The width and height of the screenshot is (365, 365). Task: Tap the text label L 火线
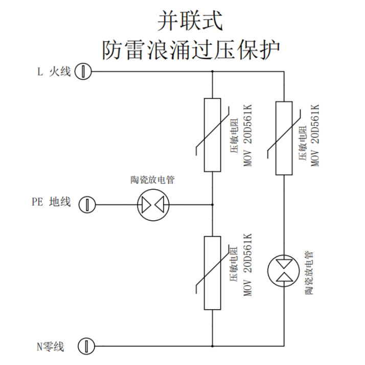[54, 72]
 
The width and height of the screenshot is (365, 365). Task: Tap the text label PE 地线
[51, 201]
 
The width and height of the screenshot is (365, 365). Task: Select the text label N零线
[50, 347]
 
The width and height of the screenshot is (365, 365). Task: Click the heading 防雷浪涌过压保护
[191, 50]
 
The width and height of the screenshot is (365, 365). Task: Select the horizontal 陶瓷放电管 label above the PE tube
[152, 180]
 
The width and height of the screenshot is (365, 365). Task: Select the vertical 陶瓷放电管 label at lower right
[309, 273]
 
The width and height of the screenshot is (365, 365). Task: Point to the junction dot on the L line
[212, 72]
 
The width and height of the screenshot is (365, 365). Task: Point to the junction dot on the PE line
[212, 204]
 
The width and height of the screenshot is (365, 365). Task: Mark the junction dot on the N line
[212, 346]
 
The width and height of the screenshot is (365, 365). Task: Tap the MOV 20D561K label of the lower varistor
[247, 265]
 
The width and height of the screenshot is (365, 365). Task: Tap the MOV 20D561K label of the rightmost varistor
[315, 135]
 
